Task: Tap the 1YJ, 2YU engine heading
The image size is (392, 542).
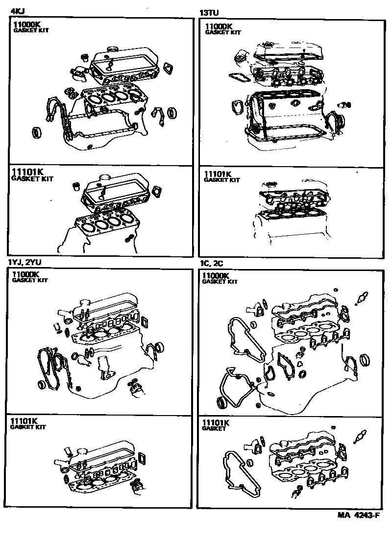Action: click(x=25, y=262)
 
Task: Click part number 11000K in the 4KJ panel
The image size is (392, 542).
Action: click(x=27, y=25)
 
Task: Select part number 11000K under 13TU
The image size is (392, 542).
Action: click(x=219, y=27)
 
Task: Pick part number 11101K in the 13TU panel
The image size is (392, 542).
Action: click(x=218, y=174)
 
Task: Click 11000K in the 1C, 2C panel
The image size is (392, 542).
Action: click(x=216, y=276)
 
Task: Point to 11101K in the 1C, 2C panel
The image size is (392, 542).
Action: click(x=216, y=422)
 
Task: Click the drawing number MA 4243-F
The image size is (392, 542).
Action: click(x=359, y=515)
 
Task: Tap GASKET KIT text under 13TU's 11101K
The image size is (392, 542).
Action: click(x=222, y=180)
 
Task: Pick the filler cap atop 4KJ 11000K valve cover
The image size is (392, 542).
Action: click(x=113, y=49)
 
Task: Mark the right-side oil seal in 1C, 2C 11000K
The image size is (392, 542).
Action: click(x=365, y=361)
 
